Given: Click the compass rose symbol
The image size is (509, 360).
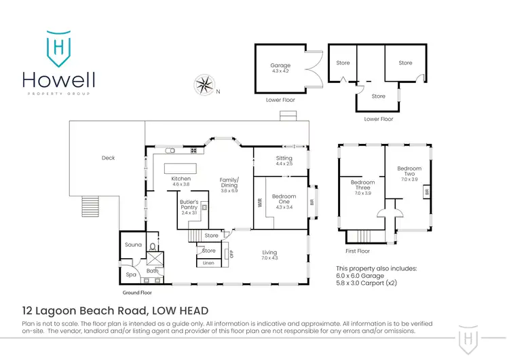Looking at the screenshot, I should pos(204,85).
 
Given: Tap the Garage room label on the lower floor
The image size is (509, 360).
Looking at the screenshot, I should pos(280,66).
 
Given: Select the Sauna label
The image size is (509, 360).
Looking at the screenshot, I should pos(132,245).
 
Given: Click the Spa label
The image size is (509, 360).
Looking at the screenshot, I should pos(131,275).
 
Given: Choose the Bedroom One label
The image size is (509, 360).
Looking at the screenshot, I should pos(283,196).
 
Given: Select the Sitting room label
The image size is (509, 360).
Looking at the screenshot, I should pos(284,158).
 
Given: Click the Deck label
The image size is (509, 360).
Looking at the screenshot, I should pos(108,158).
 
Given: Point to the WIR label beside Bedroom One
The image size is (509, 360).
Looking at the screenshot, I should pos(259,201).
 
